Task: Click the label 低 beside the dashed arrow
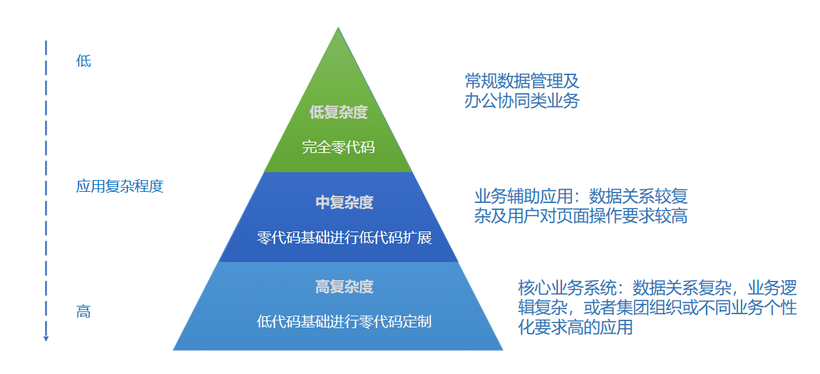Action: pos(83,61)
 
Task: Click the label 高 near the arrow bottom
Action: pos(83,312)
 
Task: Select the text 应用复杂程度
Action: pos(120,186)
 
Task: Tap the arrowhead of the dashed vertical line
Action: pos(46,338)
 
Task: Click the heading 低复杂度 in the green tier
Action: pos(338,111)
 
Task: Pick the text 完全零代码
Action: pos(338,147)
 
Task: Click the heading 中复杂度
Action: pos(344,202)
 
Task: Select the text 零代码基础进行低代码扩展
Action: pos(344,238)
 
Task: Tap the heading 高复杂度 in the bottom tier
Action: pos(344,286)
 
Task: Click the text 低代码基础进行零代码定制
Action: pos(344,321)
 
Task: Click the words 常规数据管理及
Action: pos(521,80)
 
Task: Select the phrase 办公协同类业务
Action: pos(521,101)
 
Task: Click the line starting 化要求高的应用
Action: pos(575,327)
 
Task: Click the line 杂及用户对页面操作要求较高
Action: pos(581,216)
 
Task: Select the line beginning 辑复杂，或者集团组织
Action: pos(657,307)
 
